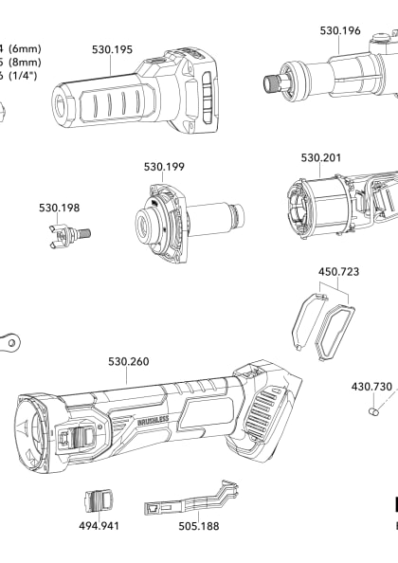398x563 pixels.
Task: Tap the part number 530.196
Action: tap(339, 30)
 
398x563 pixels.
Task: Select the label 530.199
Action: tap(164, 166)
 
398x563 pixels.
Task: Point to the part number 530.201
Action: tap(321, 157)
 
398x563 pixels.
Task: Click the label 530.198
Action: tap(59, 207)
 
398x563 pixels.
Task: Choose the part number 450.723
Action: tap(338, 271)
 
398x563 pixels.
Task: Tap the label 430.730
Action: tap(371, 387)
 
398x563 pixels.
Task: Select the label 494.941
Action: tap(99, 525)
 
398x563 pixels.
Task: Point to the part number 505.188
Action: tap(198, 525)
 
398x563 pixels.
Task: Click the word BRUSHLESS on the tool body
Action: tap(154, 419)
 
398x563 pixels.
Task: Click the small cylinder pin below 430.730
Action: tap(373, 411)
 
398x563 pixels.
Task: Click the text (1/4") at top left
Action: tap(26, 77)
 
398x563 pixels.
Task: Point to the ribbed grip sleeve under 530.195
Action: tap(95, 100)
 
